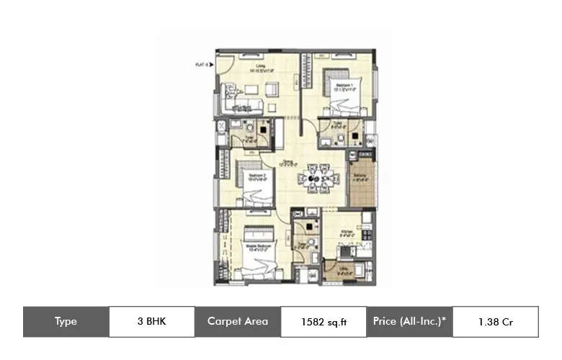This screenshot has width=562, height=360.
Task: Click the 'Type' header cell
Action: click(x=66, y=322)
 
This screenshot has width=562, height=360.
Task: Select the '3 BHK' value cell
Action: click(x=151, y=322)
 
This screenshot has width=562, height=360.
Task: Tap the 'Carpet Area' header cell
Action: click(x=238, y=322)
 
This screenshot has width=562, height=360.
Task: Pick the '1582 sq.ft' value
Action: click(x=324, y=323)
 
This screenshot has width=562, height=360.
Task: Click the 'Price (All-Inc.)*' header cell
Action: click(x=410, y=322)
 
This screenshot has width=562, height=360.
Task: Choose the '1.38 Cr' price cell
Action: click(x=495, y=322)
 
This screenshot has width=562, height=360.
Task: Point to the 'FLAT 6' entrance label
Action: click(x=201, y=65)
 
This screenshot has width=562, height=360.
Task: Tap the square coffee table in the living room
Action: click(x=272, y=89)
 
